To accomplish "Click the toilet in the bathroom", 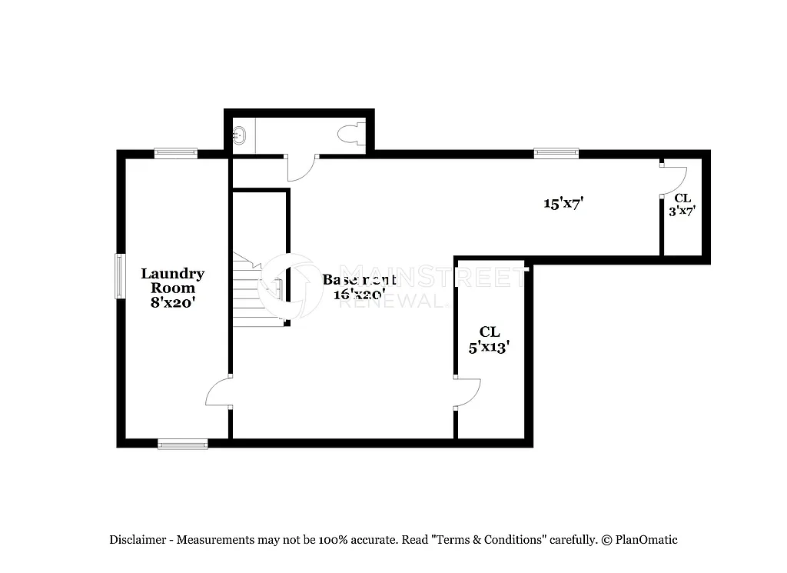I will tap(350, 134).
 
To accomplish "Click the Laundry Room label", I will tap(172, 281).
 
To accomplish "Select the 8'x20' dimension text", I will tap(172, 302).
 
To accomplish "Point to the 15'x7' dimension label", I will tap(565, 204).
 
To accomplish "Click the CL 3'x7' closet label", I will tap(682, 205).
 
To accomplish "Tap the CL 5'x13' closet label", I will tap(490, 339).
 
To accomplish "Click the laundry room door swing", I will tap(219, 393).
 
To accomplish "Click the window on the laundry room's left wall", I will tap(119, 276).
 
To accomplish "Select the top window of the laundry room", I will tap(175, 153).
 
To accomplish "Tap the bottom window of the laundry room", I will tap(182, 443).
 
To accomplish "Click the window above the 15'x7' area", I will tap(556, 153).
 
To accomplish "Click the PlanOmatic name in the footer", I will tap(646, 540).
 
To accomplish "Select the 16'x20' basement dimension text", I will tap(359, 294).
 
